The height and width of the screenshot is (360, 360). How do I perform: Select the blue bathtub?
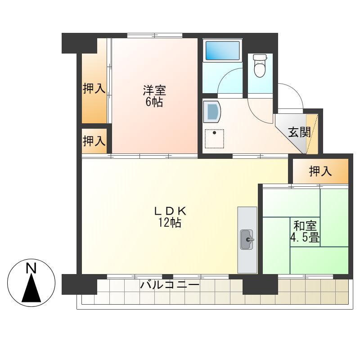tap(222, 50)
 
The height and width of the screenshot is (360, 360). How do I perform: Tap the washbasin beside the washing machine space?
tap(212, 111)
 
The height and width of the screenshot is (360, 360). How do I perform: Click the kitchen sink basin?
tap(247, 239)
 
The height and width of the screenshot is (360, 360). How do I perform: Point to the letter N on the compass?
tap(31, 268)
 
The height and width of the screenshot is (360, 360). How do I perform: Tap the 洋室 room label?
tap(154, 90)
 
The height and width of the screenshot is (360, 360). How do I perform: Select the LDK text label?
tap(170, 211)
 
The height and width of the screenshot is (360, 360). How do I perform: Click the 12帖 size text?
tap(170, 222)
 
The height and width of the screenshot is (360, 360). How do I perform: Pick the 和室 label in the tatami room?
tap(305, 226)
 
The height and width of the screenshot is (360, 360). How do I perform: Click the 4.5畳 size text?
tap(305, 238)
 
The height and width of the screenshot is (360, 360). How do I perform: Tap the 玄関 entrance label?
tap(299, 132)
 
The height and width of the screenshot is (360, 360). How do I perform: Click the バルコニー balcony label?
tap(170, 285)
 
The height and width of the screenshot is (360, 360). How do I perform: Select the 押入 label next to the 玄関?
tap(320, 171)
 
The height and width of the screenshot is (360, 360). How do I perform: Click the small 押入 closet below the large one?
tap(94, 141)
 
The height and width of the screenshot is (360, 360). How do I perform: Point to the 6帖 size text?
tap(154, 102)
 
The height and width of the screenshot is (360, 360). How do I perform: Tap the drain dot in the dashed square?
tap(215, 133)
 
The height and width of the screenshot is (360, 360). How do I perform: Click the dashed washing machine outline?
tap(215, 139)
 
